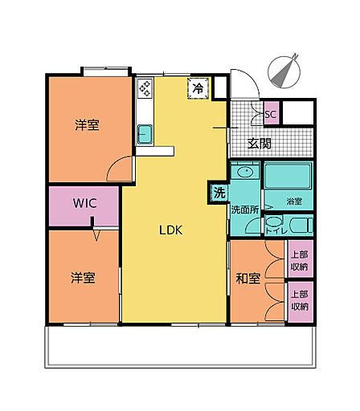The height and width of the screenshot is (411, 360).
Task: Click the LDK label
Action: (x=171, y=230)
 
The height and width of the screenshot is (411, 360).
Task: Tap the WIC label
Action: (x=85, y=203)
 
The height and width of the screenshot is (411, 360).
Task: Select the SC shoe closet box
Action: (x=272, y=113)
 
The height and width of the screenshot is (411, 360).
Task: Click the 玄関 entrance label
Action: (x=259, y=144)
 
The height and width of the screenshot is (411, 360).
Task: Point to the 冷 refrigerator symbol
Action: (x=198, y=88)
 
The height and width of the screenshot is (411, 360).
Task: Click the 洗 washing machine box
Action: (x=219, y=193)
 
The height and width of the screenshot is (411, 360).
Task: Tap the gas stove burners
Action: (x=145, y=87)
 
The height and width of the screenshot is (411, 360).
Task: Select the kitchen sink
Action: (x=145, y=134)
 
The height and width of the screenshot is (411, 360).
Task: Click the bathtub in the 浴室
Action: (x=288, y=177)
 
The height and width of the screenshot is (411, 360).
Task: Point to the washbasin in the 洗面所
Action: (x=246, y=171)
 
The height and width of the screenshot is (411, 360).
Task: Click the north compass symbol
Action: (x=284, y=71)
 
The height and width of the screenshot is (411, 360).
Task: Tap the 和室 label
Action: (x=248, y=279)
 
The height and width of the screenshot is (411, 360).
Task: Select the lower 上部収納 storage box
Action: (x=301, y=302)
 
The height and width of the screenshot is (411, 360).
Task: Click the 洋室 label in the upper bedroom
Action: (x=87, y=125)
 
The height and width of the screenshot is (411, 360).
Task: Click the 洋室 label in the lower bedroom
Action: (x=83, y=279)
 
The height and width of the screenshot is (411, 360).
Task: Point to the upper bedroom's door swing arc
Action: (x=115, y=163)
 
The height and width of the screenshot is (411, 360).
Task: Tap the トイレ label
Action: (x=276, y=231)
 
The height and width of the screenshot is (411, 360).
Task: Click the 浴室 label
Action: (x=294, y=201)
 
